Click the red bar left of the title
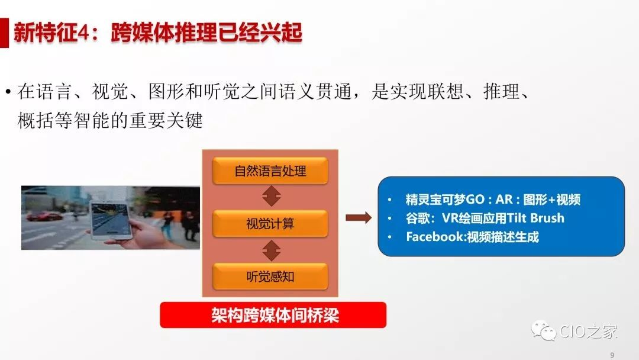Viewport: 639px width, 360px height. [x=4, y=33]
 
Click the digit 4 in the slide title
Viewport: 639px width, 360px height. [x=83, y=33]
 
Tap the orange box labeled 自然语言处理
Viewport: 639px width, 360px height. [x=270, y=171]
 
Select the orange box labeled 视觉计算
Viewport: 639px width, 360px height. [x=270, y=223]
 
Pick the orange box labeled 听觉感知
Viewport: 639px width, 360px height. [x=270, y=277]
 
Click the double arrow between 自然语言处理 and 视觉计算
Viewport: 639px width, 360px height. [x=272, y=197]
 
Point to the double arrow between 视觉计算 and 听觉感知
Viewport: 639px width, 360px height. [x=272, y=250]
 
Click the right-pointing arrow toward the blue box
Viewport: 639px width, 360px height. [x=359, y=218]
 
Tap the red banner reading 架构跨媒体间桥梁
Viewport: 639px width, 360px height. [x=273, y=315]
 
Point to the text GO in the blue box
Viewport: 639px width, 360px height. [x=475, y=200]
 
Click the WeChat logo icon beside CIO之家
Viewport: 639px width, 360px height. [x=543, y=330]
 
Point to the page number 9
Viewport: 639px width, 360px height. [x=612, y=355]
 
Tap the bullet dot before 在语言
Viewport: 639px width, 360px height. [x=8, y=92]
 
